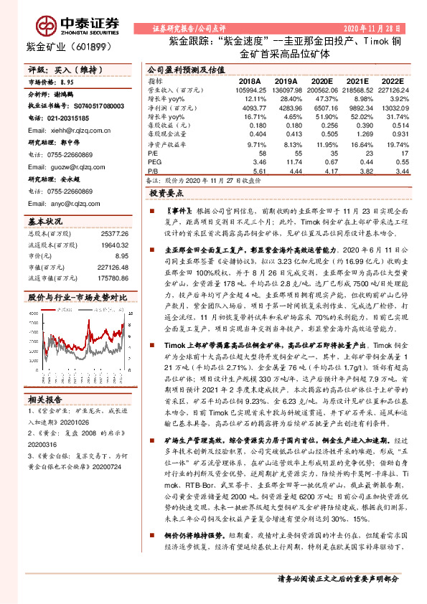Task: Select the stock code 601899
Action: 91,47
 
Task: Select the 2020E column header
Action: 322,81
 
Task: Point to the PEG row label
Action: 154,163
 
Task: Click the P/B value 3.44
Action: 401,171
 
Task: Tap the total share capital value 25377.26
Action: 113,234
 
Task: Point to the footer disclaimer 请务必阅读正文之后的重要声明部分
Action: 337,599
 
